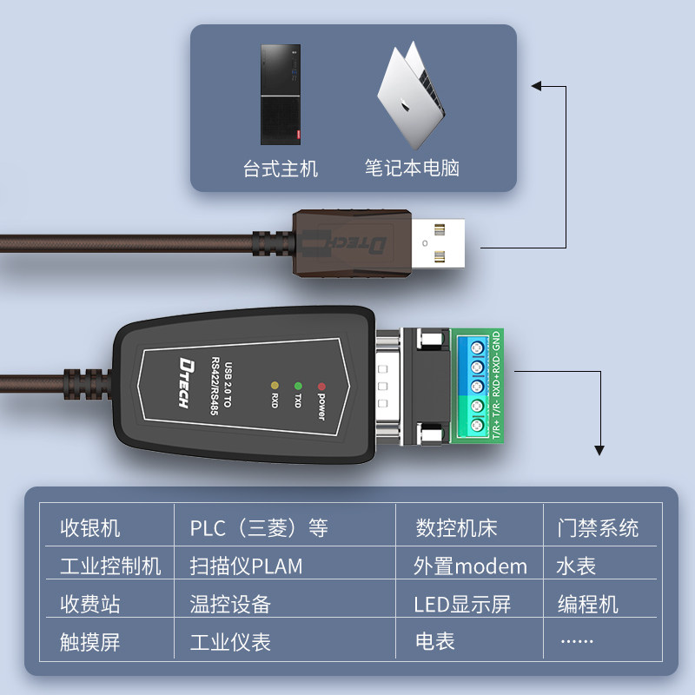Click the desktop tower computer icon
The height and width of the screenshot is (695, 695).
281,95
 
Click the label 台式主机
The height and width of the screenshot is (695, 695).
281,169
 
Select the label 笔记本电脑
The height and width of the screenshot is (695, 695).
412,169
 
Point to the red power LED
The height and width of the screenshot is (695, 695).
321,385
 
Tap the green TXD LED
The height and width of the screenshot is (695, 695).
298,385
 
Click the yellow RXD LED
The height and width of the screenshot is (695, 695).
275,385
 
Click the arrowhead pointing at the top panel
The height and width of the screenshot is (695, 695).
536,86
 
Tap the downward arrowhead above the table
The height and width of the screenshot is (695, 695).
599,449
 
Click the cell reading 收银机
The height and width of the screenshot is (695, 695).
90,528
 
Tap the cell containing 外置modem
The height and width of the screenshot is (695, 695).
470,566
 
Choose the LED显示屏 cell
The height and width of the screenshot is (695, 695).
462,605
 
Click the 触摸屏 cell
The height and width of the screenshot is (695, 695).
90,642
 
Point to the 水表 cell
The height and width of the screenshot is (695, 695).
576,566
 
